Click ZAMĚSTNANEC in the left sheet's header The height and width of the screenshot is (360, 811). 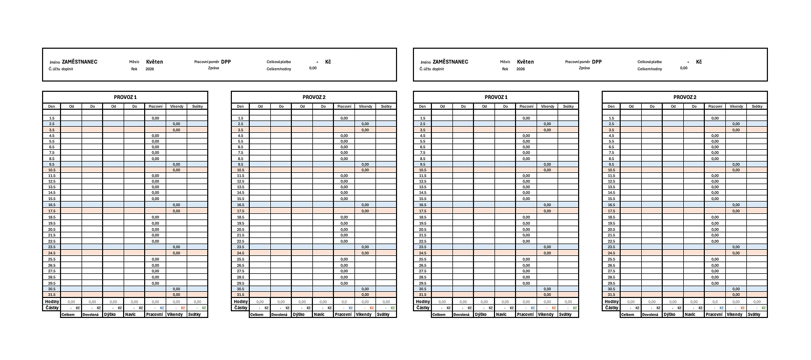pyautogui.click(x=79, y=62)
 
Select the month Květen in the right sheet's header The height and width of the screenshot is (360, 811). pyautogui.click(x=525, y=62)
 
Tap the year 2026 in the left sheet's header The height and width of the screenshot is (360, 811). pyautogui.click(x=150, y=69)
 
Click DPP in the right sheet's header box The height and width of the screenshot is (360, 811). pyautogui.click(x=597, y=62)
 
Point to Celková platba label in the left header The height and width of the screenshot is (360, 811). pyautogui.click(x=279, y=62)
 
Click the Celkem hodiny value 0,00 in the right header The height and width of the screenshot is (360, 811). pyautogui.click(x=684, y=68)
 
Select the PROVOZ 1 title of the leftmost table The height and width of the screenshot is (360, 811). pyautogui.click(x=125, y=97)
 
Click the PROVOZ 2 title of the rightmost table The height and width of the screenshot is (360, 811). pyautogui.click(x=685, y=97)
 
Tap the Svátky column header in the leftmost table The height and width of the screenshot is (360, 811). pyautogui.click(x=197, y=107)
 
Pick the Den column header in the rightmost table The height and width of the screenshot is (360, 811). pyautogui.click(x=611, y=107)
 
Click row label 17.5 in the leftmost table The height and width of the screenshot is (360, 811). pyautogui.click(x=52, y=211)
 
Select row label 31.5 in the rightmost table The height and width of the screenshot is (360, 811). pyautogui.click(x=611, y=294)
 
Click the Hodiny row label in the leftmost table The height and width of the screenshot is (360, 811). pyautogui.click(x=52, y=302)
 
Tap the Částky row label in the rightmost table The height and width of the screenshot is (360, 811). pyautogui.click(x=611, y=308)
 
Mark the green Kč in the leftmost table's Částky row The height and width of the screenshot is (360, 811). pyautogui.click(x=204, y=308)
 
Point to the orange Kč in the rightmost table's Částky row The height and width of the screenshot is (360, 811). pyautogui.click(x=743, y=308)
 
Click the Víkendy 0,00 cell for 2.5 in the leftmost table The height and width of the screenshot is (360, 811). pyautogui.click(x=176, y=124)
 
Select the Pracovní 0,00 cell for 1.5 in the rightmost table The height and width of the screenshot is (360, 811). pyautogui.click(x=715, y=118)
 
